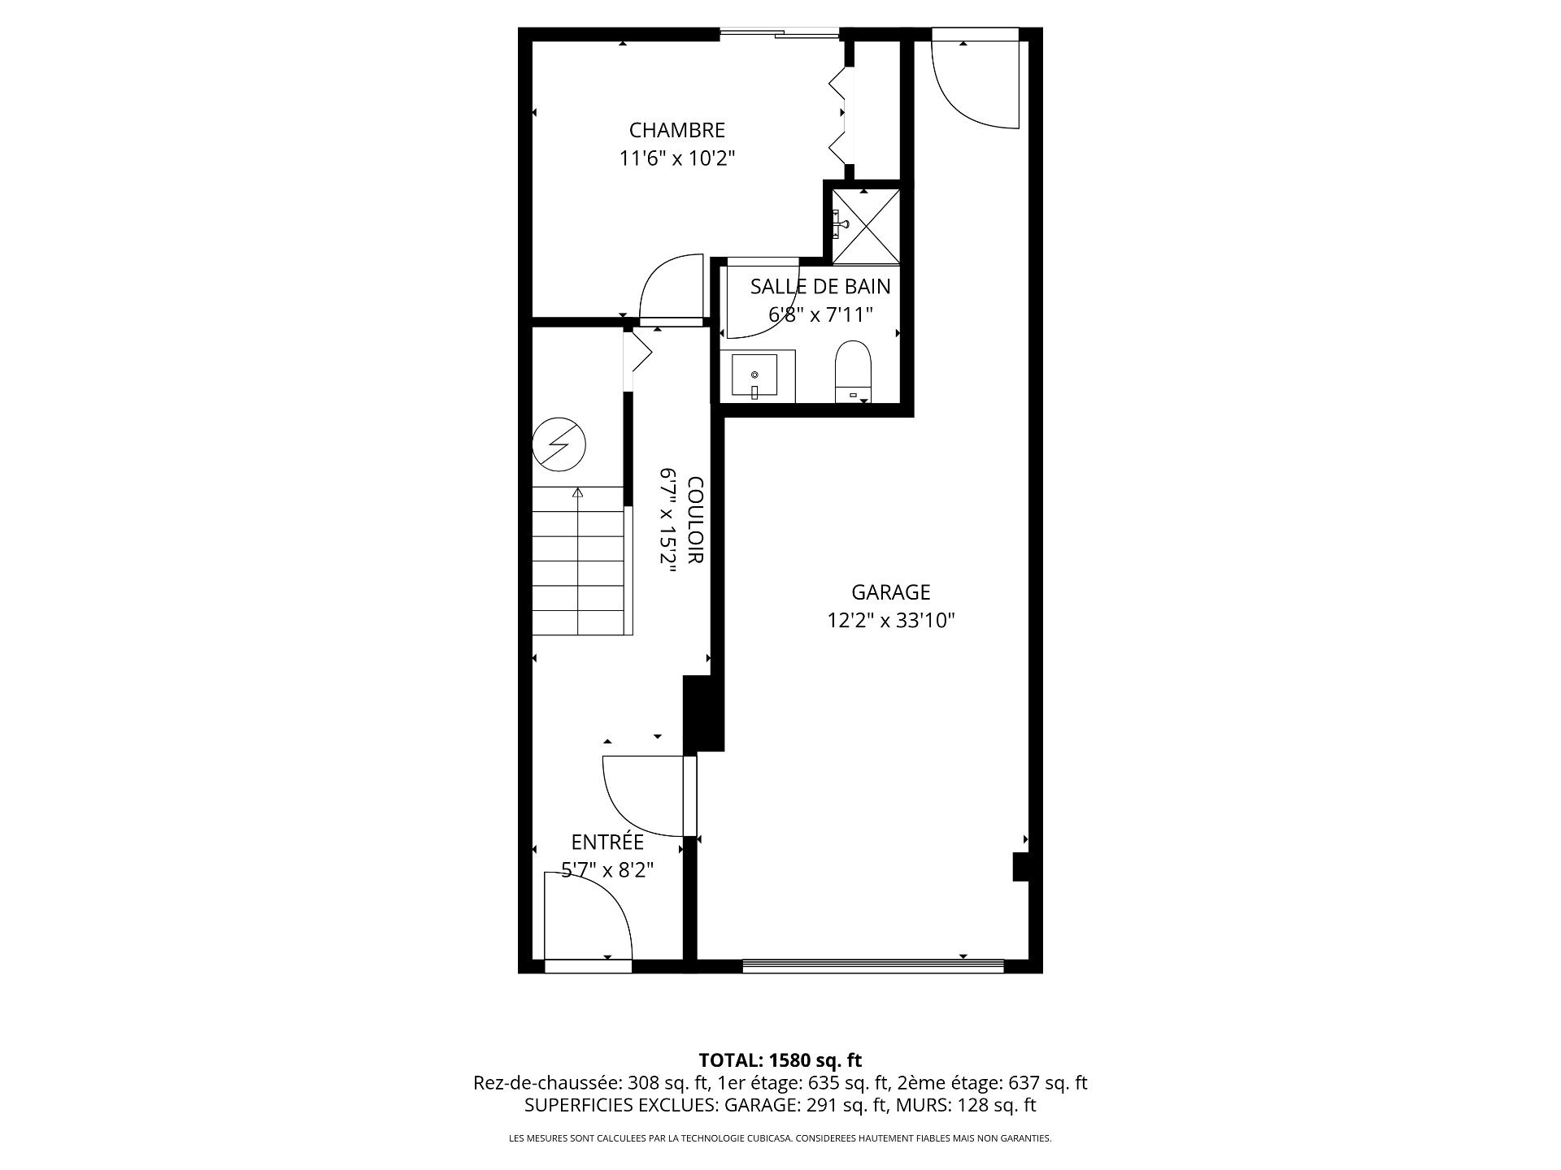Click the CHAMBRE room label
tap(677, 130)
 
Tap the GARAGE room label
tap(890, 592)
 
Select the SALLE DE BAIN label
tap(820, 286)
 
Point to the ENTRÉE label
tap(607, 842)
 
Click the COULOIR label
tap(696, 520)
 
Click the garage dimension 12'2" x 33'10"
tap(890, 621)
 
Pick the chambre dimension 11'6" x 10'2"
tap(677, 158)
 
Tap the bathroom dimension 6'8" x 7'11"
tap(820, 314)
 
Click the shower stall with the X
tap(866, 226)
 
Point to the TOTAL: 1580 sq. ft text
tap(780, 1060)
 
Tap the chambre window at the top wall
tap(780, 33)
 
